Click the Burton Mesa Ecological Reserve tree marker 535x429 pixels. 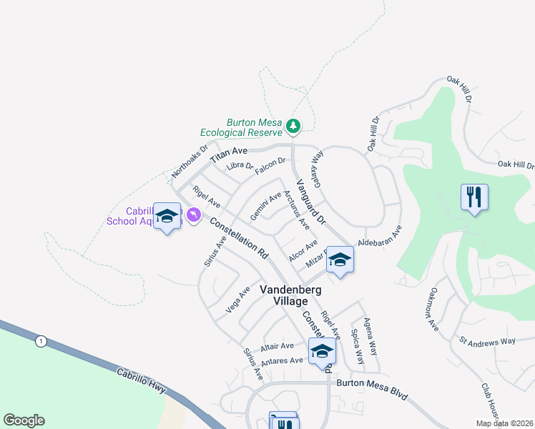point(293,127)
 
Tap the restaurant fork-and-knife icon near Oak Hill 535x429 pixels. point(473,197)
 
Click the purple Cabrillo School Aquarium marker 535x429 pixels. point(193,214)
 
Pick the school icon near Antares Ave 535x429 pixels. point(322,351)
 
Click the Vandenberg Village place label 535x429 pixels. point(290,295)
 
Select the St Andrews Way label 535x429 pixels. point(487,341)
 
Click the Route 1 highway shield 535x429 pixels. point(41,341)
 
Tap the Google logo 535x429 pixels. point(24,420)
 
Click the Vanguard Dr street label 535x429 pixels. point(310,202)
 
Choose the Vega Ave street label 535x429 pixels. point(237,300)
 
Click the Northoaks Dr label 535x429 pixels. point(190,162)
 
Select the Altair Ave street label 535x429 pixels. point(278,347)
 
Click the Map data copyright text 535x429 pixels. point(504,423)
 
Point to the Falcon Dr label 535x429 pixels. point(270,165)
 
